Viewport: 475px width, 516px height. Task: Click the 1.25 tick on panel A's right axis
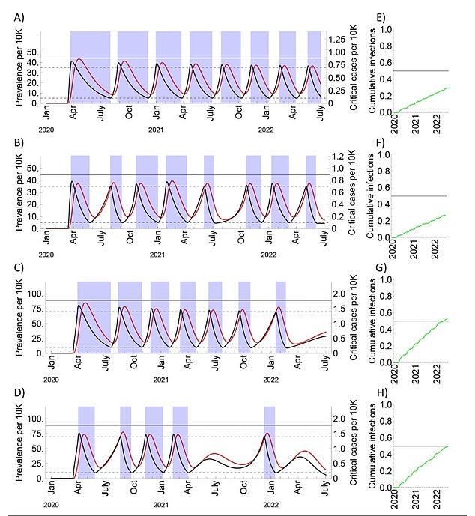click(340, 39)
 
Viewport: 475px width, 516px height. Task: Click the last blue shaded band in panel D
click(269, 442)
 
